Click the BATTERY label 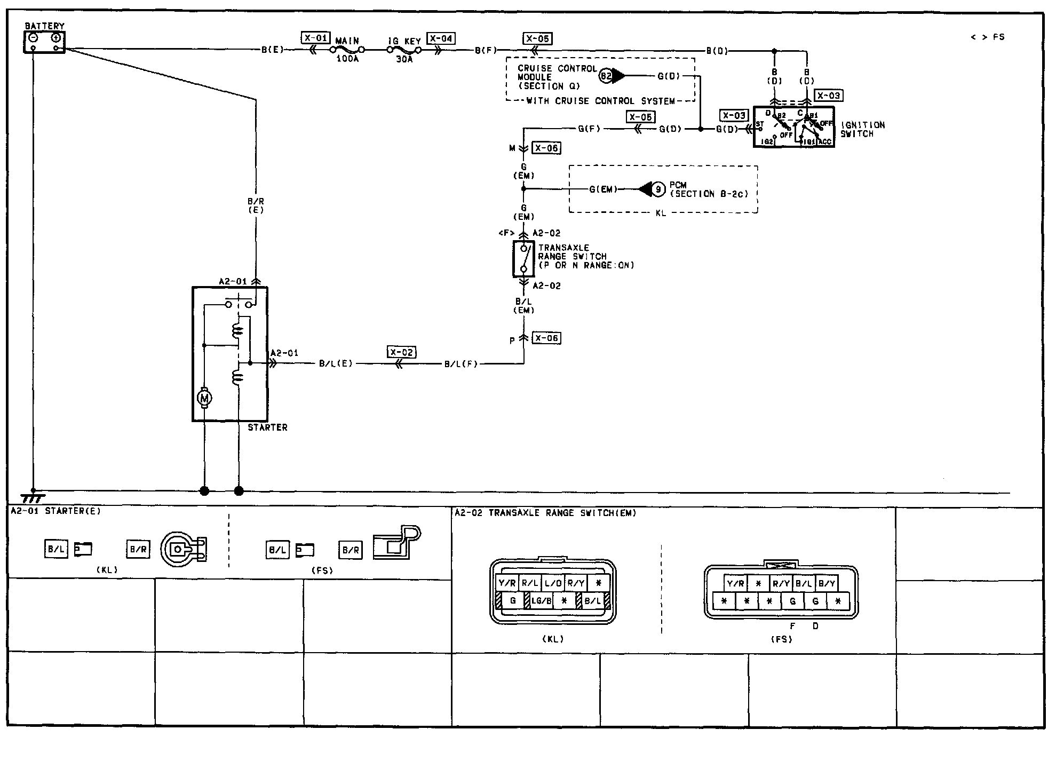point(45,26)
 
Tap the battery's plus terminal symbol point(55,38)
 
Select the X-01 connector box point(315,38)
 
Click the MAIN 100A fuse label point(347,50)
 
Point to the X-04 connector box point(441,38)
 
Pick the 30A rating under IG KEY point(404,59)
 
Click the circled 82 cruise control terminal point(606,76)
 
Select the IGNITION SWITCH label point(862,129)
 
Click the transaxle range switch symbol point(523,259)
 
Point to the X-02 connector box point(401,352)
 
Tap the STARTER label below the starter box point(267,427)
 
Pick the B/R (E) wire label point(256,205)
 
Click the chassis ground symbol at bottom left point(33,497)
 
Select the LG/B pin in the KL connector point(541,601)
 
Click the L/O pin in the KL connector point(553,583)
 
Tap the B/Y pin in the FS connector point(827,584)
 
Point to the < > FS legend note point(987,37)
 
